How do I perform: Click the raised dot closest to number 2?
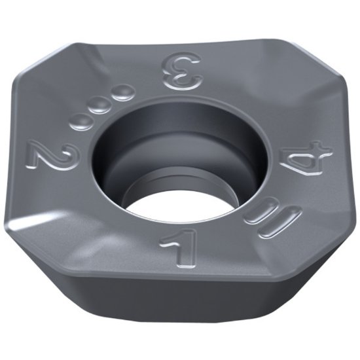pyautogui.click(x=77, y=122)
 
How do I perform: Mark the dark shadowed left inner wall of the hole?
pyautogui.click(x=115, y=164)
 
